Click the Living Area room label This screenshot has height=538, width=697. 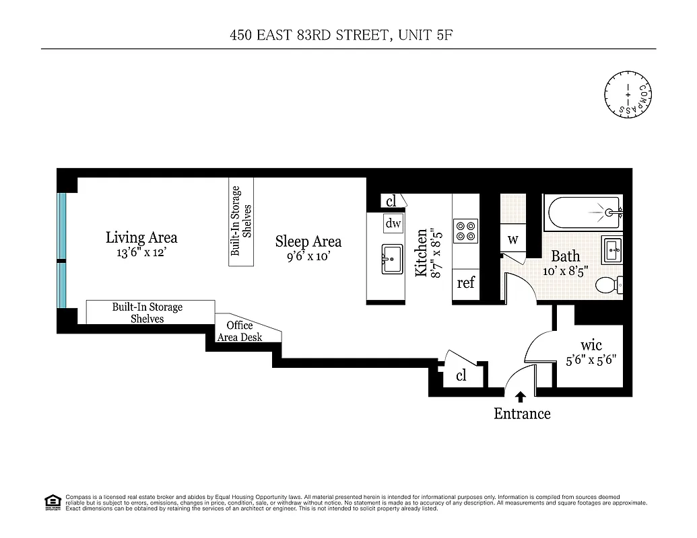141,237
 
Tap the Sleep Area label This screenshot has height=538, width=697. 308,241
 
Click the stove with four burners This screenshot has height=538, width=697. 465,231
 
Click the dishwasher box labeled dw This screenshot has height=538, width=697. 393,223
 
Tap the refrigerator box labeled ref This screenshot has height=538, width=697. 465,283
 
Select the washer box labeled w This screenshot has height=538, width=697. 512,239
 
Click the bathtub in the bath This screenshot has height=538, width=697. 583,213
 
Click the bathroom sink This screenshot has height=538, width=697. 611,249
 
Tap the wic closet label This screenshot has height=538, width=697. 591,345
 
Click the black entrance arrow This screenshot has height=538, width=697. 520,397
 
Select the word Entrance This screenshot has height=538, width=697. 522,414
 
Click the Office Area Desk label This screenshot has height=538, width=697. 239,331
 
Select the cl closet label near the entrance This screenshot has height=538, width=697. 461,376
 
